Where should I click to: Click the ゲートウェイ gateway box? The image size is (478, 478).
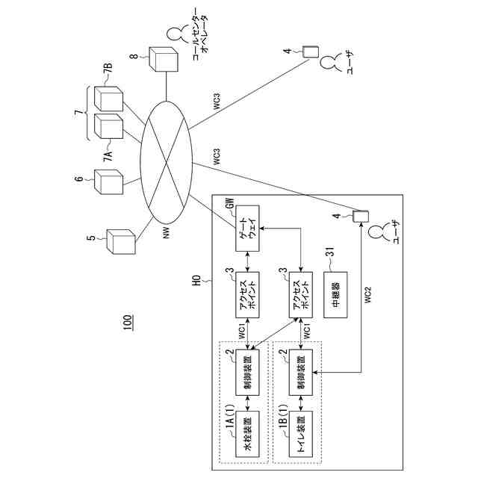pos(247,229)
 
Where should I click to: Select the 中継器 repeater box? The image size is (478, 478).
pos(335,295)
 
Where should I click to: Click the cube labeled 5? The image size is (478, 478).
pos(121,241)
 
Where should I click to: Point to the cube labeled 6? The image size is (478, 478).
pos(108,182)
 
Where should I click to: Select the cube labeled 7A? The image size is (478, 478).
pos(108,126)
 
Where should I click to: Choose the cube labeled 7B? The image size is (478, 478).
pos(108,99)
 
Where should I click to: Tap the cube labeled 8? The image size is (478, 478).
pos(164,59)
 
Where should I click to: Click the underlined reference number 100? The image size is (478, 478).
pos(128,322)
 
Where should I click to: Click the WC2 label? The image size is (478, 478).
pos(368,294)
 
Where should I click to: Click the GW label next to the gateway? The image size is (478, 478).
pos(231,203)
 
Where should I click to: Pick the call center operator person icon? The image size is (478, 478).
pos(176,34)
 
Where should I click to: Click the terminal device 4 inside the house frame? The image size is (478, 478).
pos(360,216)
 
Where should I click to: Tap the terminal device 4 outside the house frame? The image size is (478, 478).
pos(311,52)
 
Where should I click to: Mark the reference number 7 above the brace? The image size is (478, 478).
pos(78,113)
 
